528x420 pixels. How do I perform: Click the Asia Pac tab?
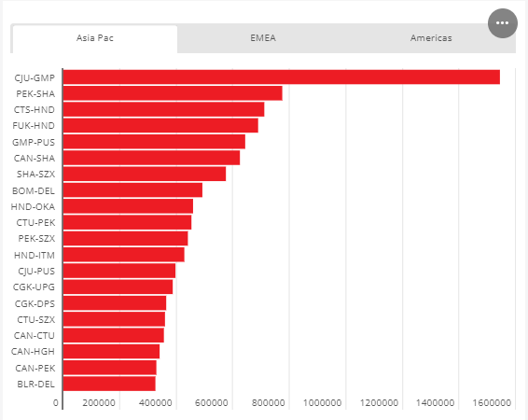[94, 38]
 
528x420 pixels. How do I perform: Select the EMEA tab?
[263, 38]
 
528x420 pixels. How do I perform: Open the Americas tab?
[431, 38]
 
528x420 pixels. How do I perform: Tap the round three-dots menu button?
[503, 23]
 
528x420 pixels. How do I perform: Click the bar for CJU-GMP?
[282, 77]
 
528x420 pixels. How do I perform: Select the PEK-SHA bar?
[173, 93]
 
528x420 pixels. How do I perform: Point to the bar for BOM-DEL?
[132, 190]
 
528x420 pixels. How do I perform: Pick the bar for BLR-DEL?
[109, 384]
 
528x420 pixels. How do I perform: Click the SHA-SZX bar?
[145, 174]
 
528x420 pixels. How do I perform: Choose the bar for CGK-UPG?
[118, 287]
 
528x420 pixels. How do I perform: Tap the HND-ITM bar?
[124, 255]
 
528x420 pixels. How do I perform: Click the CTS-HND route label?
[34, 110]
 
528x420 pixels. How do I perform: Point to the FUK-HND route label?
[34, 126]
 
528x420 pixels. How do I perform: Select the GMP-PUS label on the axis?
[34, 142]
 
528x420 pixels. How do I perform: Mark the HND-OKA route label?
[33, 206]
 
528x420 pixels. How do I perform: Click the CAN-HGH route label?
[33, 352]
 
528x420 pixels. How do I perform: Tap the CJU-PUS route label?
[36, 271]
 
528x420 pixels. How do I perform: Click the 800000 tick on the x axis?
[268, 403]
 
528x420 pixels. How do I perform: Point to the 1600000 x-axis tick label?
[492, 403]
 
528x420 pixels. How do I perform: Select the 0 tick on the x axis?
[56, 403]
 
